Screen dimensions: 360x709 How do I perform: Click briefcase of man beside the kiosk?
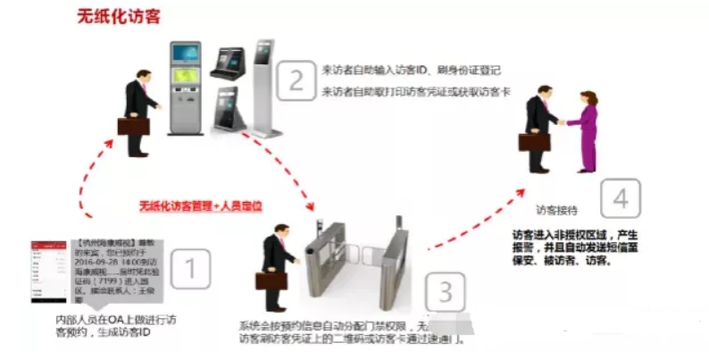click(x=130, y=125)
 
